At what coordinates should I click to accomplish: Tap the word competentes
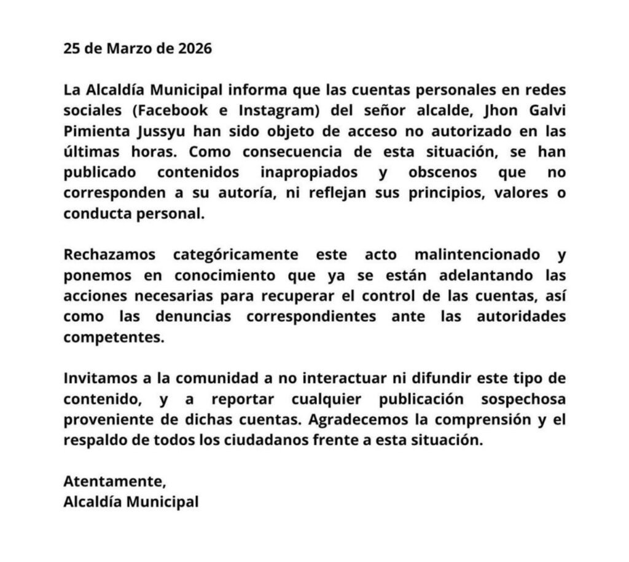[114, 337]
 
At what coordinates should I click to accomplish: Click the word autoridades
[522, 316]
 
